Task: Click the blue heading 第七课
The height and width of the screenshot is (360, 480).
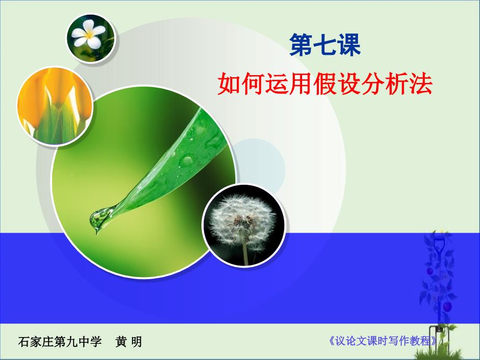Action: tap(325, 45)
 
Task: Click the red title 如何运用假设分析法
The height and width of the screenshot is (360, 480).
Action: tap(325, 83)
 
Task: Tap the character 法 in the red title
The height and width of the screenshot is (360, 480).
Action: tap(421, 83)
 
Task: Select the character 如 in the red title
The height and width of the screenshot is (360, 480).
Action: tap(229, 83)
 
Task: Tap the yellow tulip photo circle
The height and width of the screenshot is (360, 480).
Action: tap(55, 106)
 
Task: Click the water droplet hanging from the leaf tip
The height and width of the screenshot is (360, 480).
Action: tap(99, 218)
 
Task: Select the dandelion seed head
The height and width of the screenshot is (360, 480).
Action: tap(242, 220)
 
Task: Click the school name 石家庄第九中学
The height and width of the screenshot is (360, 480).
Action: tap(59, 342)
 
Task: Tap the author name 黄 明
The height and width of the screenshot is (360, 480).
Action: tap(128, 342)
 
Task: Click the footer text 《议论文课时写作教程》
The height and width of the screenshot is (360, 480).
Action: tap(382, 341)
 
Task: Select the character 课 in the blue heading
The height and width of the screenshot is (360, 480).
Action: tap(349, 45)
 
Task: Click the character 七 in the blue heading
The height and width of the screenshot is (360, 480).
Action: tap(325, 45)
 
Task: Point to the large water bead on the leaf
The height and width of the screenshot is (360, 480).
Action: tap(186, 160)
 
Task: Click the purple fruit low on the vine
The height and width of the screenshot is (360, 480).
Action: tap(448, 306)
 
